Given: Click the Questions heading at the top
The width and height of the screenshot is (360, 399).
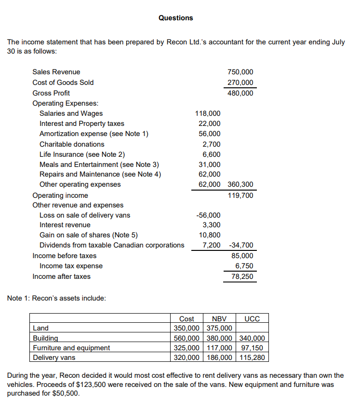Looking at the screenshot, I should [175, 18].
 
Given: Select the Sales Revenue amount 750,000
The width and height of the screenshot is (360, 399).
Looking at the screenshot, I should [240, 72].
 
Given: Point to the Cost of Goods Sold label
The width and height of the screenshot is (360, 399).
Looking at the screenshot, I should [63, 83].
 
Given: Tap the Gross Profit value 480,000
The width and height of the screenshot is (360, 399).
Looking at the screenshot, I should [240, 93].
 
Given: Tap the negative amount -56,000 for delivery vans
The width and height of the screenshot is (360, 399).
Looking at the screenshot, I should [209, 215].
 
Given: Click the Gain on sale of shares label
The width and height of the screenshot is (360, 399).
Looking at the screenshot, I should [88, 235].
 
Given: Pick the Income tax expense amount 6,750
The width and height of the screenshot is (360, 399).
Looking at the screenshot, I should [244, 266].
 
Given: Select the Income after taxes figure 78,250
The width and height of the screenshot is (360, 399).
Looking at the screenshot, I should [242, 276].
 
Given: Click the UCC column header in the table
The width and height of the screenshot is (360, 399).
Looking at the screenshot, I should [252, 319].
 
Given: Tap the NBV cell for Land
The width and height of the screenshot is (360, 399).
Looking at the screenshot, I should [220, 329].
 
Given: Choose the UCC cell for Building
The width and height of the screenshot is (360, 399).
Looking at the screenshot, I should [252, 338].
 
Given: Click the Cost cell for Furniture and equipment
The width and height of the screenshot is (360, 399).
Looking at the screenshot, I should [187, 348].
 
